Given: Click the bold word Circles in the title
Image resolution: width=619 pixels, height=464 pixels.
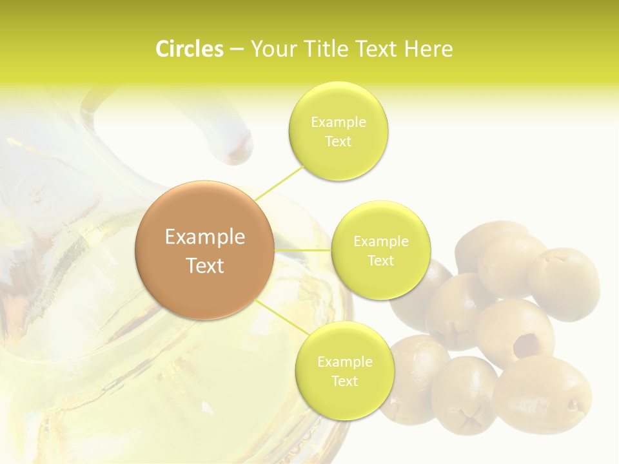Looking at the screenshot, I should click(x=190, y=49).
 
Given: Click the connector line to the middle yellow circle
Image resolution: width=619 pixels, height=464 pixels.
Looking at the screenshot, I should click(x=303, y=250).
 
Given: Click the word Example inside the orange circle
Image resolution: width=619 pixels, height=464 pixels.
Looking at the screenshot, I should click(x=205, y=237).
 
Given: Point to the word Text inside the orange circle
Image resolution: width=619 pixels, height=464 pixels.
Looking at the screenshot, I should click(x=205, y=266).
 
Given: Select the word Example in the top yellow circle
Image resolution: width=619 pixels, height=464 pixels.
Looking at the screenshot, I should click(x=339, y=122).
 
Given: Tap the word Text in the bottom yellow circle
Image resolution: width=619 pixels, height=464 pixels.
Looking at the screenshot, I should click(x=344, y=382).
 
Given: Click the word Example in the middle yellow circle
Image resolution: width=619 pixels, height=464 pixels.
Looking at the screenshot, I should click(x=381, y=242).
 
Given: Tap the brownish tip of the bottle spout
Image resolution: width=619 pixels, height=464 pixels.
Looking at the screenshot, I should click(x=240, y=149).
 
